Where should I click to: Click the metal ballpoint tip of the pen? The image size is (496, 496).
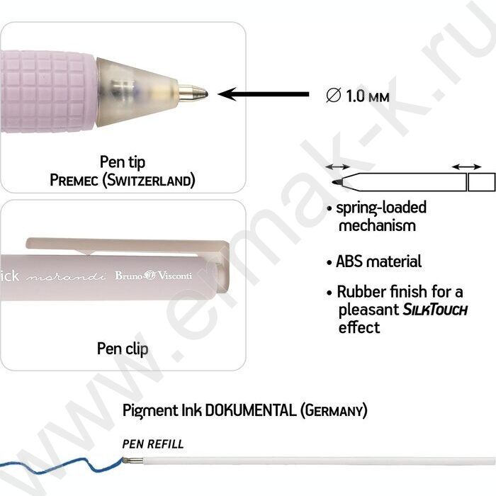point(193,94)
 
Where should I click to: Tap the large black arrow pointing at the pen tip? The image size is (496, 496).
point(264,94)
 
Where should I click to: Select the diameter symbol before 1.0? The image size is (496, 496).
point(334,95)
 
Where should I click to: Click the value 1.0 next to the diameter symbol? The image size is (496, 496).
point(356,96)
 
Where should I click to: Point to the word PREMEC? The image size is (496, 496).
point(74,180)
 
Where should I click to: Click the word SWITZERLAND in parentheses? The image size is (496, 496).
point(149,180)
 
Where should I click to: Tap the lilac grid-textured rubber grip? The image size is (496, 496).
point(47,91)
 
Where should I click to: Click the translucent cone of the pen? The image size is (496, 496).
point(137,92)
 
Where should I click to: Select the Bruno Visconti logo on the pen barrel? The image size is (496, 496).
point(154,275)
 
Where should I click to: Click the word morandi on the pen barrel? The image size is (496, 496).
point(66,277)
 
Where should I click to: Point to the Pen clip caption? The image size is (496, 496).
point(123,349)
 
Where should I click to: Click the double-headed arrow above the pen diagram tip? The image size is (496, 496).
point(337,167)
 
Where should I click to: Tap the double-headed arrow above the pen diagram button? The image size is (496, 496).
point(466,167)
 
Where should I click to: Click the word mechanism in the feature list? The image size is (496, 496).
point(377,226)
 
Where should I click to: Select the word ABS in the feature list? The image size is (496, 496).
point(349,261)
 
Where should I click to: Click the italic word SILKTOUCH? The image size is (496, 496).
point(435,310)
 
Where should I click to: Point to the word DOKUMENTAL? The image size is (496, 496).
point(251,410)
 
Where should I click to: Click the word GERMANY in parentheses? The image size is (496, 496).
point(334,410)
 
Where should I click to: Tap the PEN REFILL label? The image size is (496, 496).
point(153,444)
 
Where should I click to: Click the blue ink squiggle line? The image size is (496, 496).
point(62,466)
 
